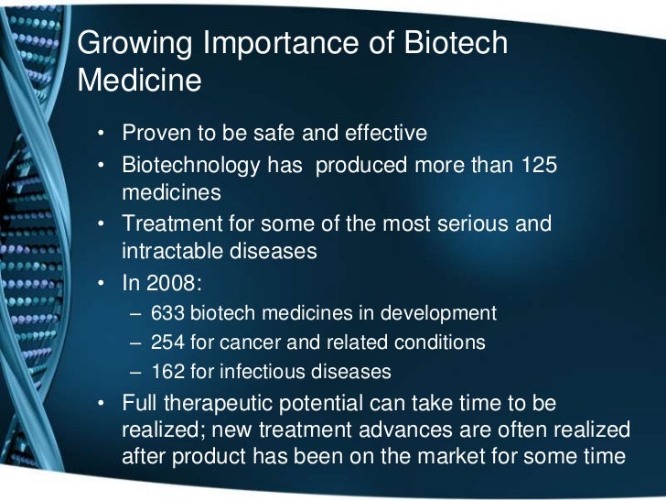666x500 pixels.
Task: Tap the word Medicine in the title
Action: click(140, 81)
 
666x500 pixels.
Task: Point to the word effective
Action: click(385, 134)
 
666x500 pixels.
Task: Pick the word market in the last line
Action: click(477, 457)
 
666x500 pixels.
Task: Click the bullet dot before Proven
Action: click(102, 135)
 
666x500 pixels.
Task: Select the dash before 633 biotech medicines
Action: click(136, 313)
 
